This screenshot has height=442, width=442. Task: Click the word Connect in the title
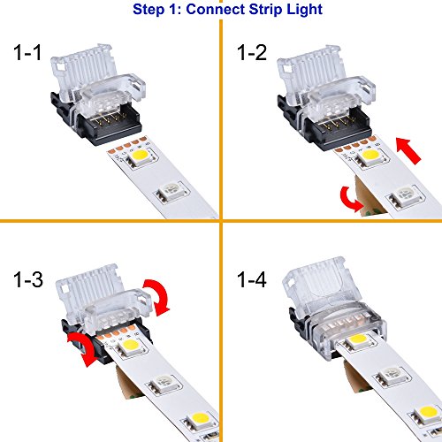click(x=215, y=9)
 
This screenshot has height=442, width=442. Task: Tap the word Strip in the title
click(x=265, y=10)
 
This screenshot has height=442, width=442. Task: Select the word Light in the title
click(x=305, y=10)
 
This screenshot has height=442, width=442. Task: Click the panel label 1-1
click(x=27, y=53)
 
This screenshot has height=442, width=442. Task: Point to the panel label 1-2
click(x=252, y=53)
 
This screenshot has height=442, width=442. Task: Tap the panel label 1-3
click(x=28, y=279)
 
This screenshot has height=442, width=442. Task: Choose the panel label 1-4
click(x=252, y=279)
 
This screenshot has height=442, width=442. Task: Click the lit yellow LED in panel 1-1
click(x=141, y=156)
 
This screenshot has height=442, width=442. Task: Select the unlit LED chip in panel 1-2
click(x=406, y=194)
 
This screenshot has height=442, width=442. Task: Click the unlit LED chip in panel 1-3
click(x=164, y=383)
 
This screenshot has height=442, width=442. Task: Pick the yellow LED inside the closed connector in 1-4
click(x=357, y=339)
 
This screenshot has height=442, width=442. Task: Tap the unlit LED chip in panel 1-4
click(x=392, y=374)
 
